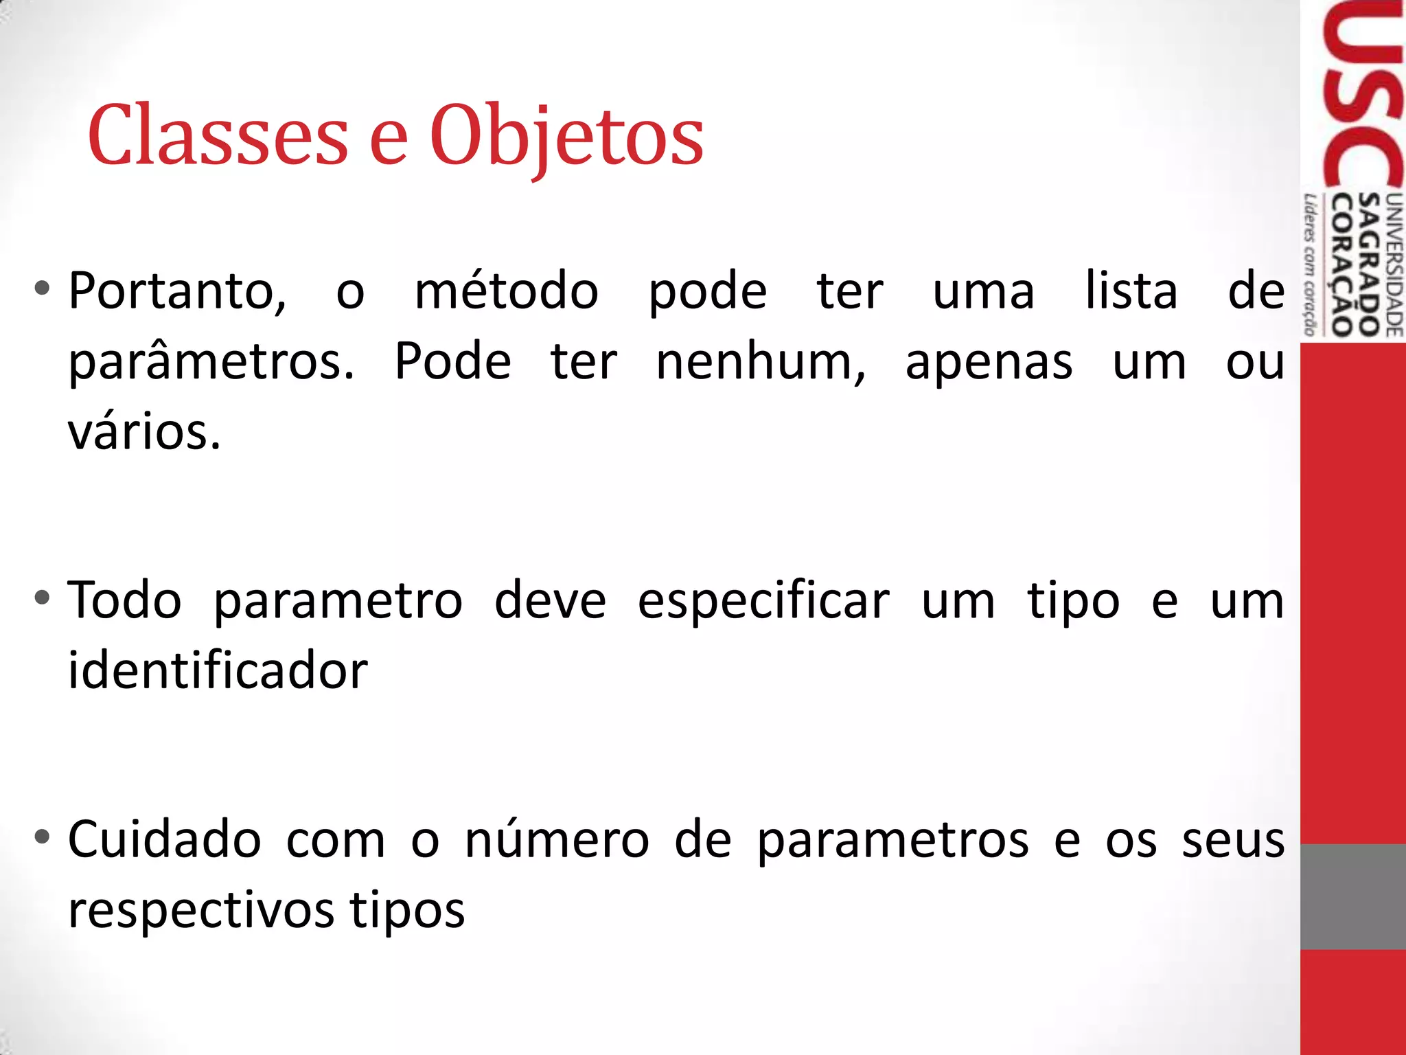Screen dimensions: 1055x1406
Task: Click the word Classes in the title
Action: click(218, 136)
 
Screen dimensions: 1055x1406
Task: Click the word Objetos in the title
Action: click(566, 136)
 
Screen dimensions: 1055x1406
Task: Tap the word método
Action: click(507, 291)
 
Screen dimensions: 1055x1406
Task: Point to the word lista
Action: click(1131, 291)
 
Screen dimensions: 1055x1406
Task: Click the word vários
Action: click(144, 433)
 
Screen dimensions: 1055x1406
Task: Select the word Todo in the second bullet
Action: click(125, 600)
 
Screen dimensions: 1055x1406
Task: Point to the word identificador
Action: click(218, 670)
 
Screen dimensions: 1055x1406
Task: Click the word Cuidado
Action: click(165, 839)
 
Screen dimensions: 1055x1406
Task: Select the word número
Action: click(557, 839)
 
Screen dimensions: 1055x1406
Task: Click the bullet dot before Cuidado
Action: click(43, 837)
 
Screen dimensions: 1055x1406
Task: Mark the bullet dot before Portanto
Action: click(43, 288)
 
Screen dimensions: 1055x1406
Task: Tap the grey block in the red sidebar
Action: click(1352, 896)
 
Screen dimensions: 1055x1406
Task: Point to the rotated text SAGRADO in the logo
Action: click(1370, 264)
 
